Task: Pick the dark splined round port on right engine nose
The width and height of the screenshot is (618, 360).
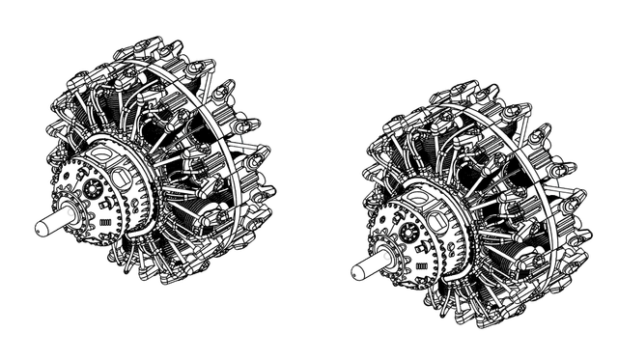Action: [x=409, y=233]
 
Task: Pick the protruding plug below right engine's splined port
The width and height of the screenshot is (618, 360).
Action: [x=414, y=250]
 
